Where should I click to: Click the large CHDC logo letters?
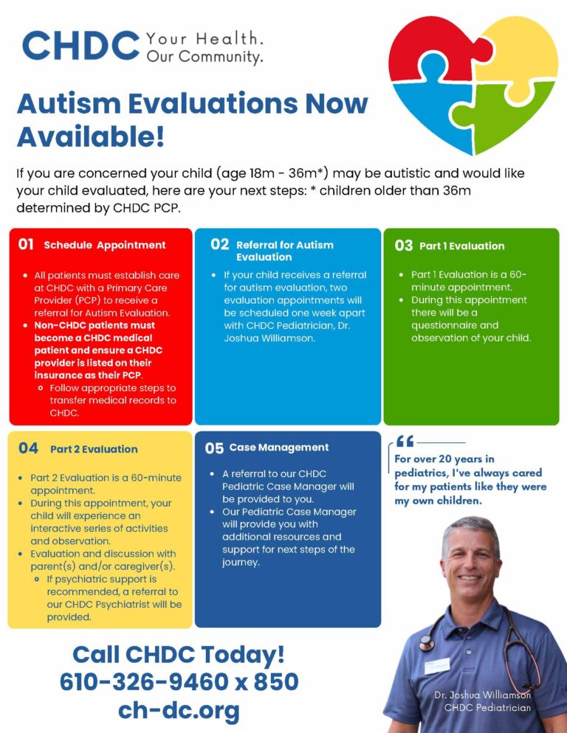click(x=80, y=45)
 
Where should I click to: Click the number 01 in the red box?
click(x=26, y=244)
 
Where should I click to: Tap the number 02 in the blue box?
click(x=219, y=244)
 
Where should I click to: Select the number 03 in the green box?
click(x=404, y=246)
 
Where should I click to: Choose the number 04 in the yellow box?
click(x=28, y=448)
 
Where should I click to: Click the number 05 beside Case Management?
click(x=214, y=448)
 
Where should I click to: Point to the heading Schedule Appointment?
click(x=104, y=246)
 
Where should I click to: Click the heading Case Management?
click(x=279, y=448)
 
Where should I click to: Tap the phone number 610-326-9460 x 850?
click(x=179, y=681)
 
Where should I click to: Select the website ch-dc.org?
click(x=179, y=711)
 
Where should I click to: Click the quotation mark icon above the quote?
click(x=405, y=441)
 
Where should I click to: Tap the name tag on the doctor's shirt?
click(x=437, y=666)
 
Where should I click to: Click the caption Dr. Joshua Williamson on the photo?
click(x=482, y=695)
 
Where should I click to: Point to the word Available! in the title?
click(x=91, y=136)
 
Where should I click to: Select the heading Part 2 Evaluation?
click(x=94, y=449)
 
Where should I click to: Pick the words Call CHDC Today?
click(x=179, y=655)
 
